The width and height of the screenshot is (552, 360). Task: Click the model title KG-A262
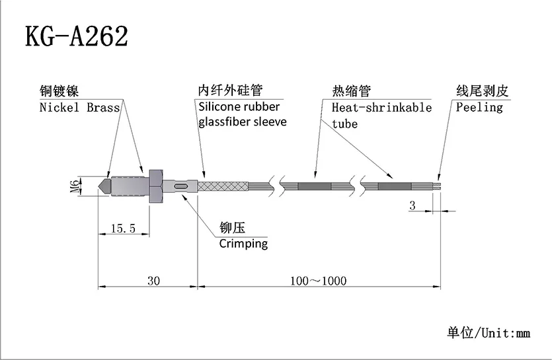point(76,37)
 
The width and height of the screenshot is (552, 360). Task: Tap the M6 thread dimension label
point(74,187)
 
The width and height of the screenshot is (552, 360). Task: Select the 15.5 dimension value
point(123,229)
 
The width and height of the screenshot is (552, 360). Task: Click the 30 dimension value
point(153,281)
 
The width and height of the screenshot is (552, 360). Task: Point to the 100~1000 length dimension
point(318,281)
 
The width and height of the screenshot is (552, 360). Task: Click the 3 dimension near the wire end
point(412,205)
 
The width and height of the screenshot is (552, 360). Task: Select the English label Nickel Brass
point(78,107)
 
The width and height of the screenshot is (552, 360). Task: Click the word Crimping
point(243,244)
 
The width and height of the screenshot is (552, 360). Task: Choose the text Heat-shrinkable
point(381,107)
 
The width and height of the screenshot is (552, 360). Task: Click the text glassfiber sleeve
point(243,123)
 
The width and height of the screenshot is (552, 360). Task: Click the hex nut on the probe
point(156,186)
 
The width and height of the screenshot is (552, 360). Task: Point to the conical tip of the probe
point(104,186)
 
